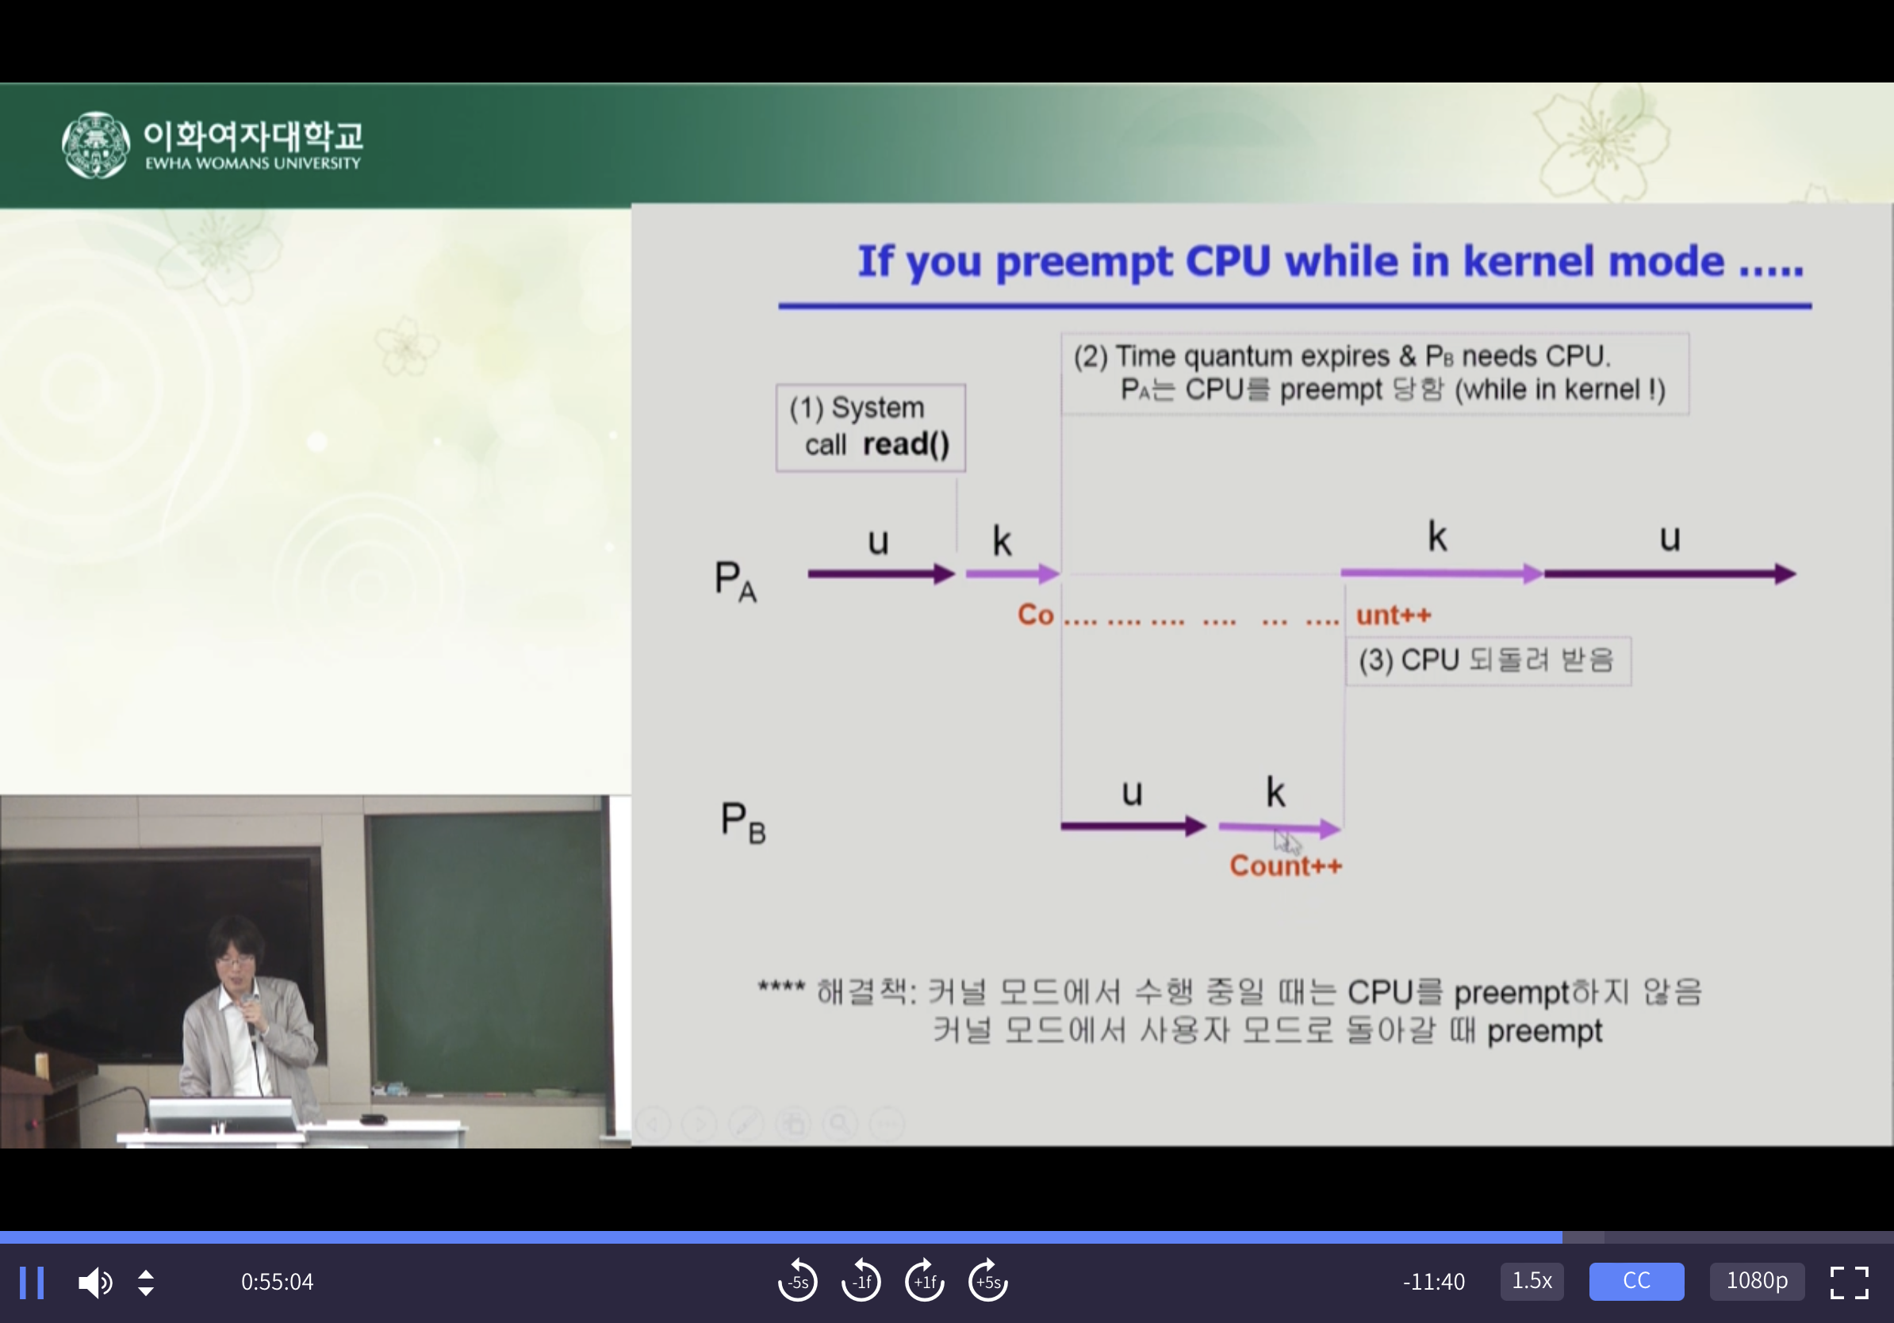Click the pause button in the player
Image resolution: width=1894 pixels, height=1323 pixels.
[32, 1283]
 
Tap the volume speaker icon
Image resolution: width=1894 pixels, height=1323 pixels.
[95, 1283]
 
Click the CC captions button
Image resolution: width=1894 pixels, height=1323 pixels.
[1635, 1281]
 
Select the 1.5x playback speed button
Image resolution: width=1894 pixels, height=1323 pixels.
[1531, 1281]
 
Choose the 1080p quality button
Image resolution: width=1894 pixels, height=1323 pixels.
[1756, 1281]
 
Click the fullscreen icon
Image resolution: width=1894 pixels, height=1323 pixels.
[1849, 1283]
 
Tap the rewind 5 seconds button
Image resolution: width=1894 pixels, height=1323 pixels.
[797, 1281]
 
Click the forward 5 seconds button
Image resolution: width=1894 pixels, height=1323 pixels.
[987, 1281]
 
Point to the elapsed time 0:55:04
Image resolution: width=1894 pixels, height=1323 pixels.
[277, 1282]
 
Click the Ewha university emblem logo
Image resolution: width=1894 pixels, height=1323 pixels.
[96, 145]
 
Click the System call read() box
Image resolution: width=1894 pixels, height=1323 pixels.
[870, 428]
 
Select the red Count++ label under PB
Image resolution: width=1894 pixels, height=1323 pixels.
[1285, 866]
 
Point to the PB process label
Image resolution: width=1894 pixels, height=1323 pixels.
[742, 823]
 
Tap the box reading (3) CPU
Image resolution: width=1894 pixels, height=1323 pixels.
[1488, 661]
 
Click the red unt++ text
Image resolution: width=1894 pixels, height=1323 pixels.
[1394, 615]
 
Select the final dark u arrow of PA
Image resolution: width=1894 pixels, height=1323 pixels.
[1670, 574]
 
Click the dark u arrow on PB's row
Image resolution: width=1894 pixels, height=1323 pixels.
[1133, 826]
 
